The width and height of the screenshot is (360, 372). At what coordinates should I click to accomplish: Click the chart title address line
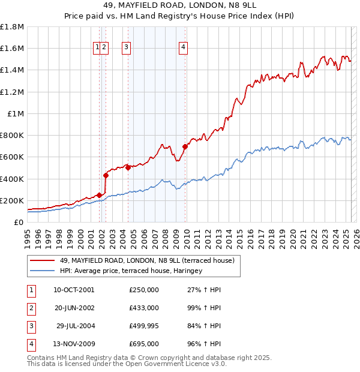(179, 7)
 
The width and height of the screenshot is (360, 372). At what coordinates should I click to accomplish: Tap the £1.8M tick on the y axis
(12, 27)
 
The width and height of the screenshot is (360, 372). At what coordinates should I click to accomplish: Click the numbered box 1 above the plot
(97, 49)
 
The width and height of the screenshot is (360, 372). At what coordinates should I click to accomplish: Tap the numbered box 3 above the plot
(127, 49)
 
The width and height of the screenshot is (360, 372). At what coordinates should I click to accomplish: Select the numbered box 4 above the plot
(183, 49)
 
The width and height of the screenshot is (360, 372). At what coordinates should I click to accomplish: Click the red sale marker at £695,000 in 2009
(185, 146)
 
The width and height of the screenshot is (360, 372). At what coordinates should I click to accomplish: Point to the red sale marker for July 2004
(128, 168)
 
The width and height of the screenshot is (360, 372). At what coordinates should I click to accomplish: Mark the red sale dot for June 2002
(106, 175)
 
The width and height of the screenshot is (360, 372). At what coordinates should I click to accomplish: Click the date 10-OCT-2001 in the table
(74, 290)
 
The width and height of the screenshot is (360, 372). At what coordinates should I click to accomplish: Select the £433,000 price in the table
(144, 308)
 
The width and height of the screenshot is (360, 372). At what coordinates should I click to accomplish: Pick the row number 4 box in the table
(29, 344)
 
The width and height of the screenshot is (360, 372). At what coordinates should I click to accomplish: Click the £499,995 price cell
(144, 326)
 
